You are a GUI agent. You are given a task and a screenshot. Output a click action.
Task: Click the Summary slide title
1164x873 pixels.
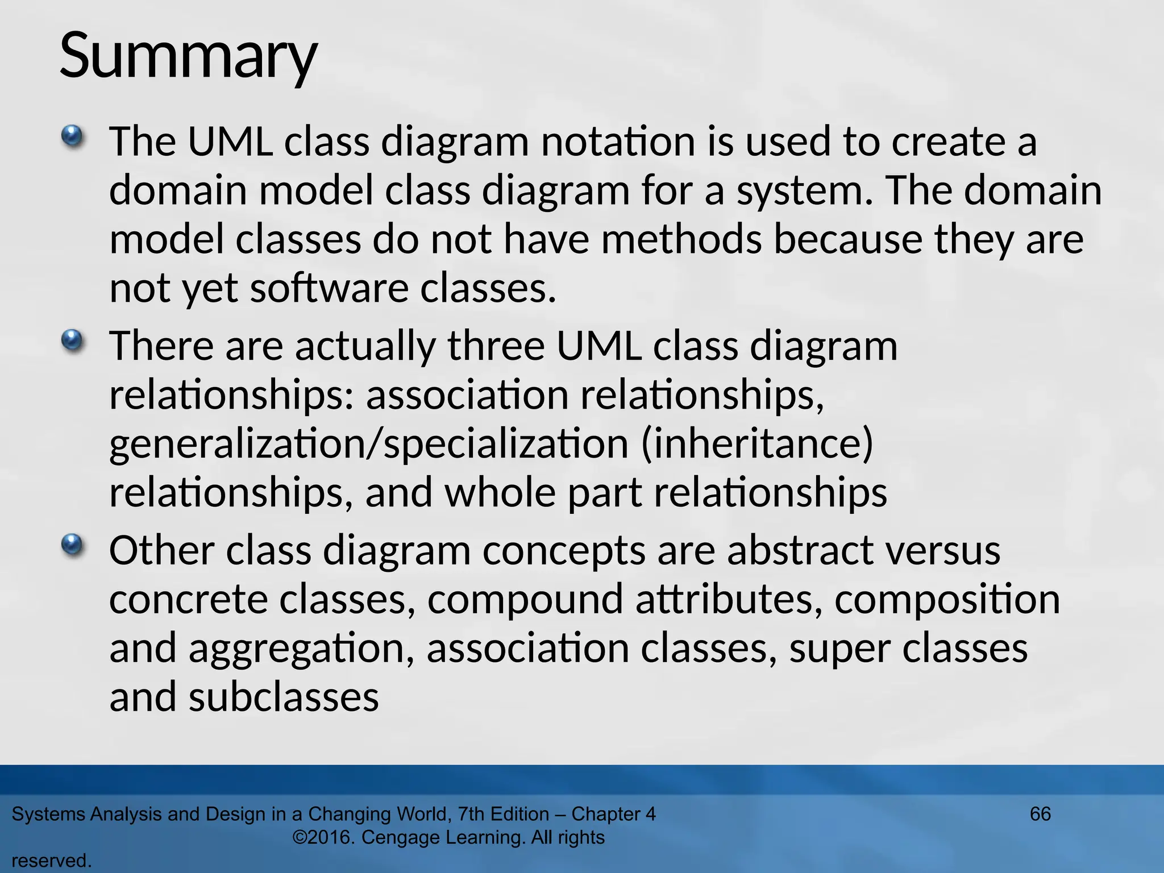click(x=188, y=57)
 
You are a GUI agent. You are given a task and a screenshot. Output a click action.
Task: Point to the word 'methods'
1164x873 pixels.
click(x=681, y=240)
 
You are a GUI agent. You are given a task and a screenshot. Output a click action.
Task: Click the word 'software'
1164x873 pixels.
click(x=329, y=289)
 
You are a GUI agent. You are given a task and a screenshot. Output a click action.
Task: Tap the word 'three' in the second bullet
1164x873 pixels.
click(x=496, y=347)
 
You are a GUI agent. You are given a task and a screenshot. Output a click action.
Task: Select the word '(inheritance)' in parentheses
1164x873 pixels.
click(x=756, y=444)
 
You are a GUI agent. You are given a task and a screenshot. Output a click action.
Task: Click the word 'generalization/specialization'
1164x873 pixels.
click(x=368, y=444)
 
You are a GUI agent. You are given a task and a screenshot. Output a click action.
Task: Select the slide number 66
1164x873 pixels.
click(x=1040, y=814)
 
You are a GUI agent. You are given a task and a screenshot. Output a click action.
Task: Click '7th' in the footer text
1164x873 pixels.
click(x=472, y=814)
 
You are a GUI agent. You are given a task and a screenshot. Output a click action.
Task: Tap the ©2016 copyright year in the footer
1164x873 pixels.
click(x=323, y=837)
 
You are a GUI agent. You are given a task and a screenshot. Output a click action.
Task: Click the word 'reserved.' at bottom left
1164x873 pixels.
click(x=52, y=860)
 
